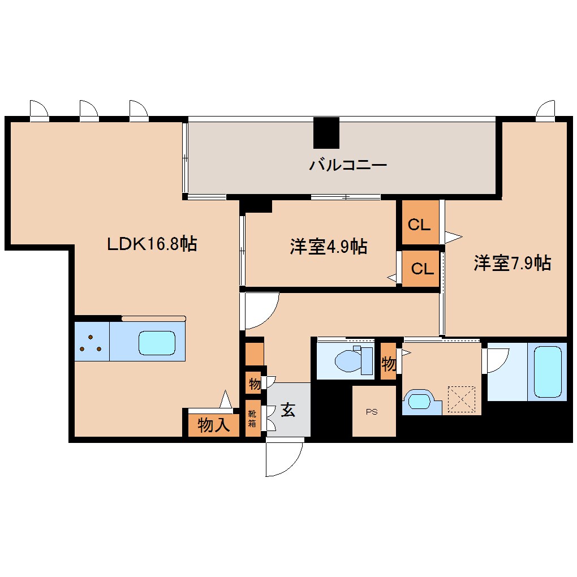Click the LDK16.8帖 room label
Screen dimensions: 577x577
click(152, 244)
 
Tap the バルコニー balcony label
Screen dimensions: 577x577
click(348, 165)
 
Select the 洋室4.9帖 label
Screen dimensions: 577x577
click(328, 246)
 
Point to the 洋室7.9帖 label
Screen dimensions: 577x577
click(513, 262)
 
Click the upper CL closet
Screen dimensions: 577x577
click(420, 222)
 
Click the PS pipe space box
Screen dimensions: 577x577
click(374, 411)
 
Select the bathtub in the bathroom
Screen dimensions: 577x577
click(547, 372)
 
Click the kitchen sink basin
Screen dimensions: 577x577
click(157, 343)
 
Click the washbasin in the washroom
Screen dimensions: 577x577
click(419, 402)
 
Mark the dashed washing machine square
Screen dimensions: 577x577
click(462, 399)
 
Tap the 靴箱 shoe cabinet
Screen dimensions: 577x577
click(253, 419)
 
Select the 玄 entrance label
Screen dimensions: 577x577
click(288, 410)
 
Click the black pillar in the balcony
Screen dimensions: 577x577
click(326, 133)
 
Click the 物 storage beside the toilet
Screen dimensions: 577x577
click(388, 361)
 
